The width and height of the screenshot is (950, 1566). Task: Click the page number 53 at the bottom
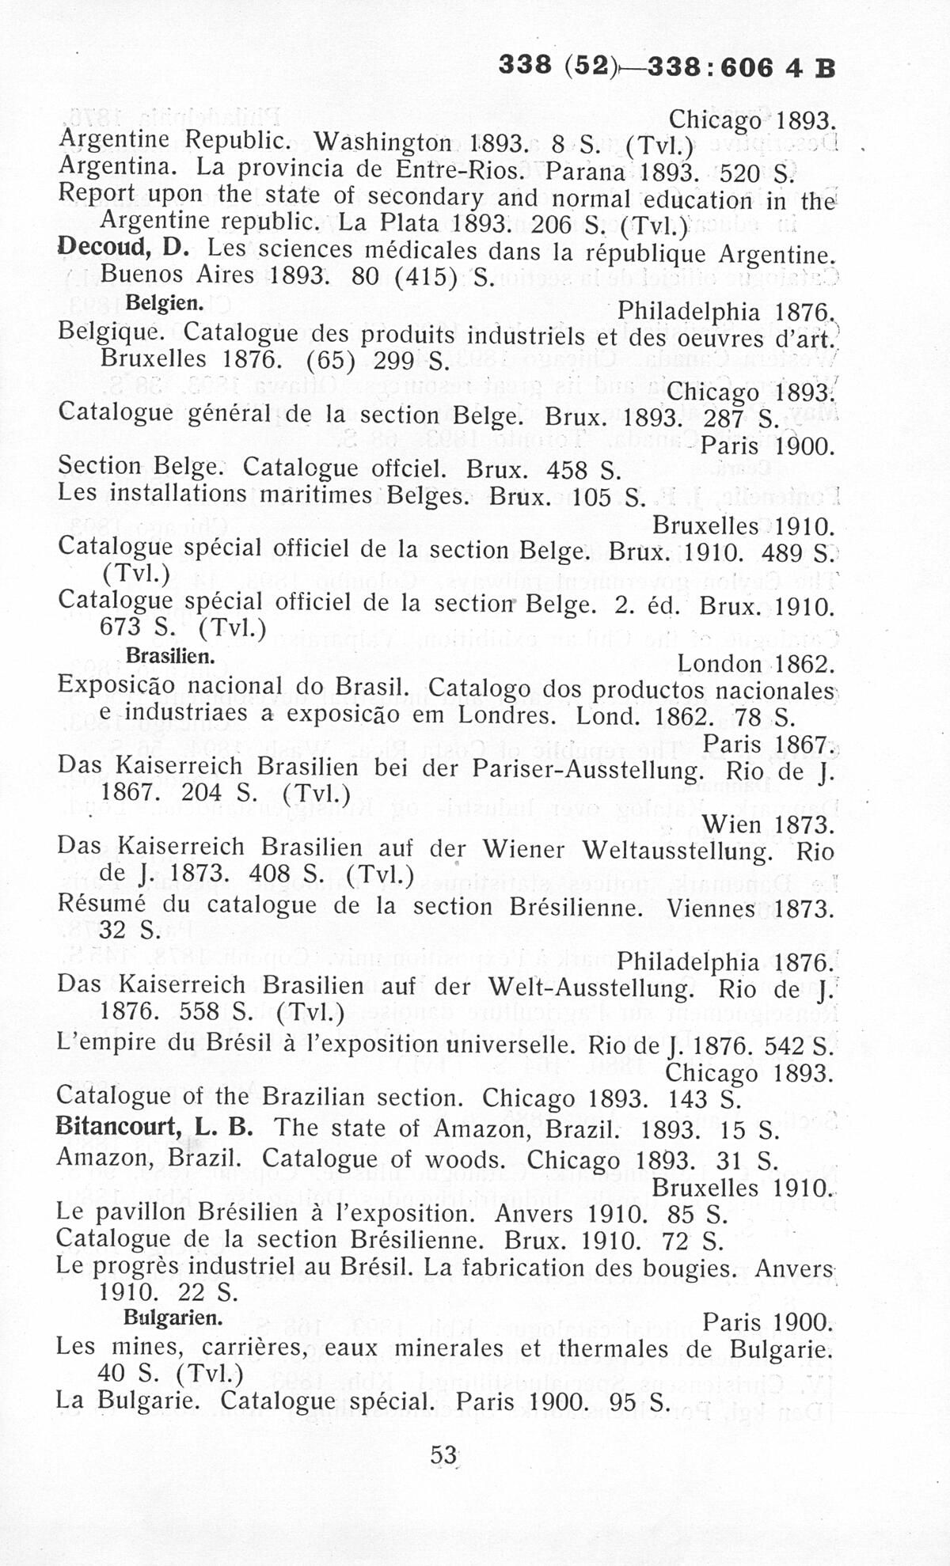click(443, 1454)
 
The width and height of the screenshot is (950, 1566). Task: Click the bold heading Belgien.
click(165, 303)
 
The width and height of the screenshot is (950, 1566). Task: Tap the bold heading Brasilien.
click(170, 656)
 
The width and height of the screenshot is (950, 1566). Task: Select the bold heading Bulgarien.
click(173, 1318)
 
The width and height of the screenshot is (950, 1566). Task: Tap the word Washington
click(382, 142)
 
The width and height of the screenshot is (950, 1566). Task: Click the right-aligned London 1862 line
click(756, 663)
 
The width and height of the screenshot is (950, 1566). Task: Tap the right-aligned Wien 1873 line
click(768, 825)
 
